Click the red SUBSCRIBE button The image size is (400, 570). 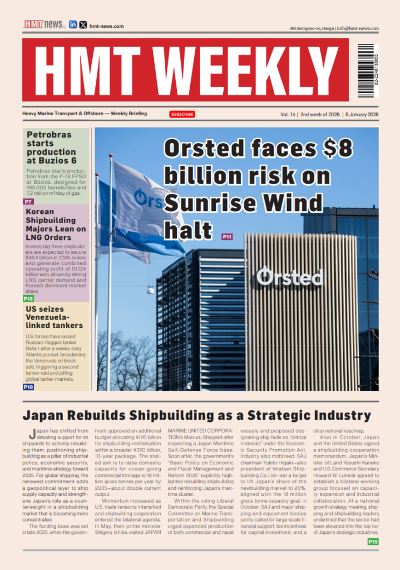(x=182, y=114)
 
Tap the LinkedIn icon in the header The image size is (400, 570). (x=73, y=24)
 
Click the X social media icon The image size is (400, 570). (x=83, y=24)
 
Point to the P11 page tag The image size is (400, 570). (x=227, y=237)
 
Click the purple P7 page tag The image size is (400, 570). (x=28, y=201)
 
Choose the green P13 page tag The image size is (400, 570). (x=28, y=298)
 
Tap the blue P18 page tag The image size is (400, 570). (x=28, y=386)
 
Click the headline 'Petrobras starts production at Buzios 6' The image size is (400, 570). (x=51, y=147)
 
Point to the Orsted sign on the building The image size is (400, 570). (x=289, y=276)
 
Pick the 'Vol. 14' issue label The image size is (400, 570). (x=288, y=115)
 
